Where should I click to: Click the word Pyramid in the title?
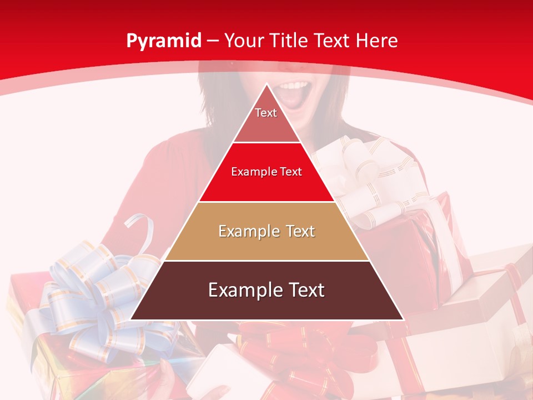[163, 41]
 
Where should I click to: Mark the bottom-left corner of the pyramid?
[130, 319]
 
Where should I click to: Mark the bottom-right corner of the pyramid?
[404, 319]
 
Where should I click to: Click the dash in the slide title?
[213, 41]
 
